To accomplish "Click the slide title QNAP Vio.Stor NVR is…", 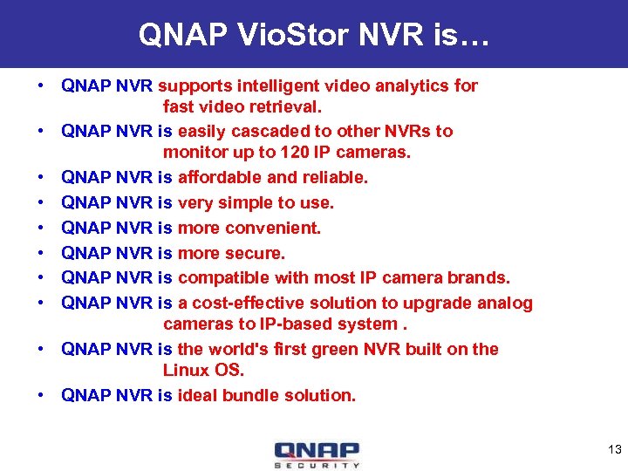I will [x=314, y=34].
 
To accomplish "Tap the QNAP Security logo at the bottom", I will [x=317, y=454].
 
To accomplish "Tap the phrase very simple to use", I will [x=256, y=202].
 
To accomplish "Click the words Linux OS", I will [x=203, y=370].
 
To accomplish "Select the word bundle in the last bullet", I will [x=249, y=395].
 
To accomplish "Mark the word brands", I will [x=478, y=278].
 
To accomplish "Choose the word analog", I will [x=504, y=303].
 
